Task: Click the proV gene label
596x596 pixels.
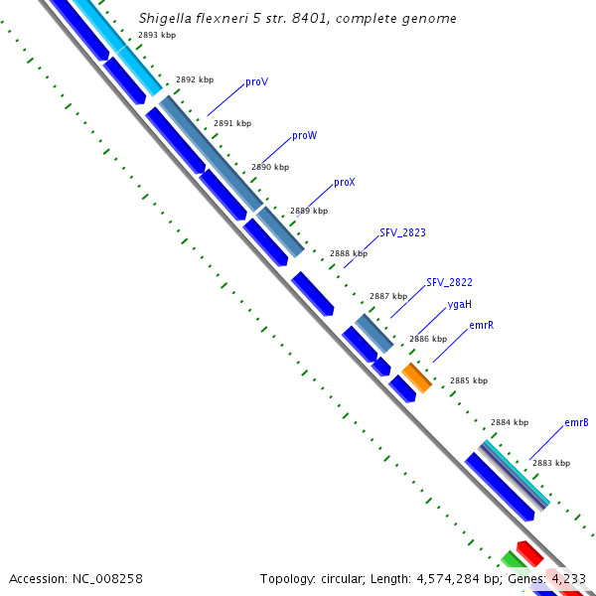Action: point(256,81)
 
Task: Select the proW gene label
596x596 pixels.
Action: point(304,135)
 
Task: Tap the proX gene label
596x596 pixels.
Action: point(345,183)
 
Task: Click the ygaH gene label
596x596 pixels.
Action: point(460,304)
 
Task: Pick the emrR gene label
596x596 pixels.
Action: point(482,325)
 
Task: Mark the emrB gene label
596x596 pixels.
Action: point(576,422)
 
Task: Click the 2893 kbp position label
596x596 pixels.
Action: point(157,35)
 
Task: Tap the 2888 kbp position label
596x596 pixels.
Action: point(348,253)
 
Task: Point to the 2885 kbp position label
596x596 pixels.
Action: point(469,380)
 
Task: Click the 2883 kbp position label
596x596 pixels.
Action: point(550,463)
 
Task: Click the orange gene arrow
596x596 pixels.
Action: point(416,377)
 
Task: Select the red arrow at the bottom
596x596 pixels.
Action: point(528,552)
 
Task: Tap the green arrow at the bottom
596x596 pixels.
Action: point(514,560)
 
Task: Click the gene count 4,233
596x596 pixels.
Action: point(568,578)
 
